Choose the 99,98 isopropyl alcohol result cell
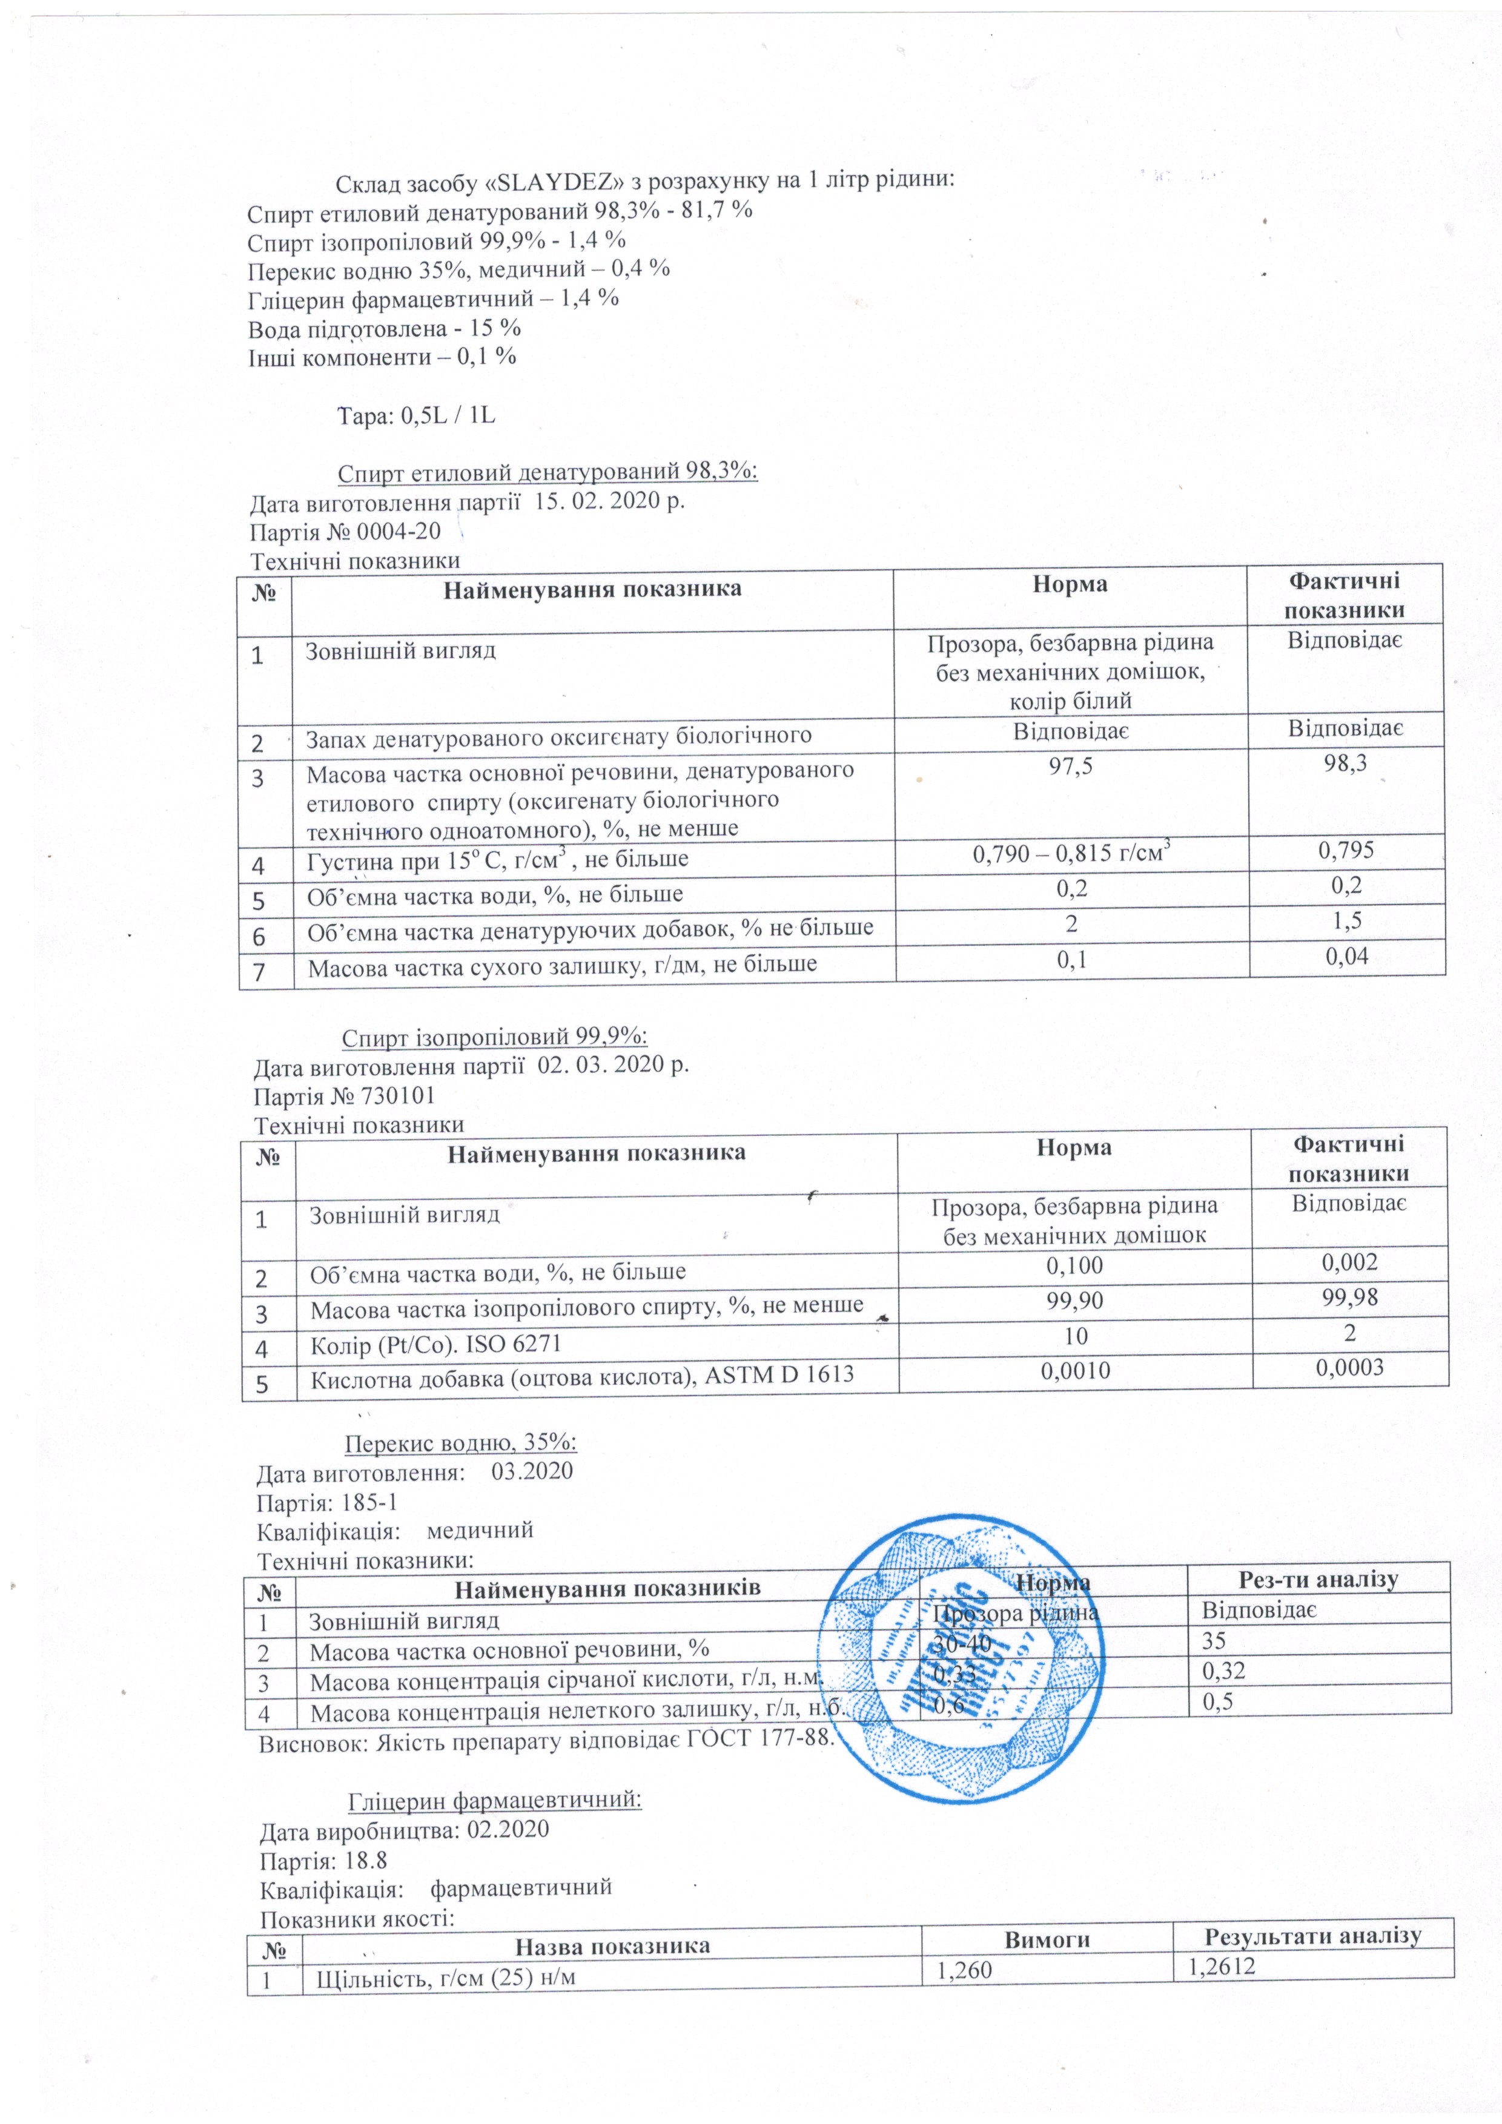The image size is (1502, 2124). click(x=1349, y=1298)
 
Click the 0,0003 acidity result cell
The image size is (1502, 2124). click(x=1349, y=1367)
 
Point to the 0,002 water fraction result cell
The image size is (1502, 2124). click(x=1349, y=1263)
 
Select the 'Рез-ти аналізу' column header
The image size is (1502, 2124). click(x=1318, y=1579)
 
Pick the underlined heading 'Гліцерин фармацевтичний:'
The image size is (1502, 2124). click(x=495, y=1800)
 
